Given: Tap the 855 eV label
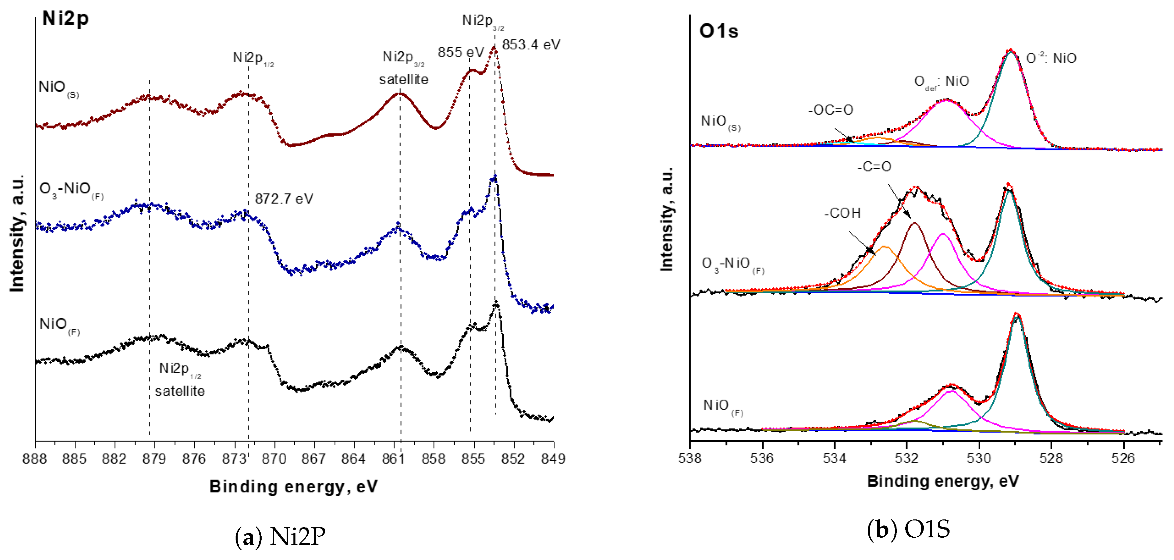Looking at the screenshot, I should click(460, 52).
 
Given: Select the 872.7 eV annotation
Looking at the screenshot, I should click(284, 199).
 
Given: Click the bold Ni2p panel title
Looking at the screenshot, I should click(65, 19).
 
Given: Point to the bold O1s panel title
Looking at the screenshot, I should click(718, 31).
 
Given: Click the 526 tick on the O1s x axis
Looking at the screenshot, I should click(1123, 458).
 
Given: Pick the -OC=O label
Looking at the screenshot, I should click(830, 110).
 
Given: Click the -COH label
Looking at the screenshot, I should click(842, 213).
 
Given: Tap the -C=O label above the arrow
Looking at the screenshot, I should click(874, 166).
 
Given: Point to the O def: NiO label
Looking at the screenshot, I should click(941, 81).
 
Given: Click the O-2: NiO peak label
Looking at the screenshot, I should click(1051, 59).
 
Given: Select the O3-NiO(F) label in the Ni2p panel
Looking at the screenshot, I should click(71, 189).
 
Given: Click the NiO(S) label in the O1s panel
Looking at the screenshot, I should click(720, 122).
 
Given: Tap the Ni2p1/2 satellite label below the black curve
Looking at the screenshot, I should click(180, 379).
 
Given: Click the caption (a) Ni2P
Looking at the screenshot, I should click(280, 536).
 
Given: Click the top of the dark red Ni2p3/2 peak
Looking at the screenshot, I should click(494, 48).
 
